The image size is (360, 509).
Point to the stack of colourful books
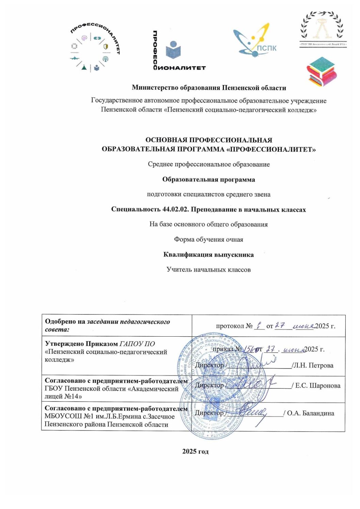pos(321,71)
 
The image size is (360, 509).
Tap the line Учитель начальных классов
pos(208,270)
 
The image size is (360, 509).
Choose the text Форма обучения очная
pos(208,239)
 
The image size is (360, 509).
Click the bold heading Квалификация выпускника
pos(208,255)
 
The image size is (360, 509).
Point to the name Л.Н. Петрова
pos(313,366)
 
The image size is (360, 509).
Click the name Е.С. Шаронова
pos(318,386)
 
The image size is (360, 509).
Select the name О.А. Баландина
pos(311,413)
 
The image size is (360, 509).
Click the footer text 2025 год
pos(195,452)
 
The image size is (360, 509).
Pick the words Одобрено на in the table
pos(65,322)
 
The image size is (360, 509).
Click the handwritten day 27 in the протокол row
pos(280,325)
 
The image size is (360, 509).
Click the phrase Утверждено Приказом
pos(81,344)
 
